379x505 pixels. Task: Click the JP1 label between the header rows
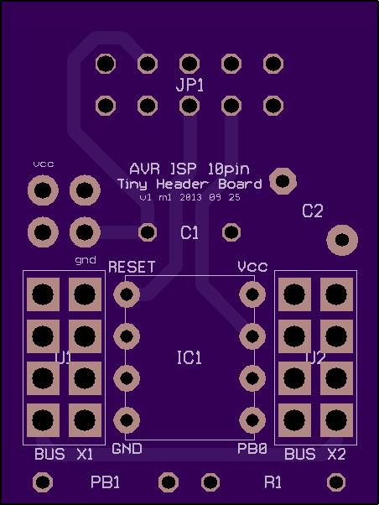click(x=189, y=86)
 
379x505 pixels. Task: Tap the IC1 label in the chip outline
click(x=189, y=358)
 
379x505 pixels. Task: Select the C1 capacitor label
click(x=189, y=232)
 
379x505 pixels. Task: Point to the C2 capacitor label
click(x=313, y=211)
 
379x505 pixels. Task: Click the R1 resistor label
click(x=273, y=482)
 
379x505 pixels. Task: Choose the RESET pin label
click(x=132, y=268)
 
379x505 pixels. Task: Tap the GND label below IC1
click(x=127, y=449)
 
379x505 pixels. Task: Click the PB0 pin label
click(x=252, y=449)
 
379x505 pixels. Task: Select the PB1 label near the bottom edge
click(x=106, y=482)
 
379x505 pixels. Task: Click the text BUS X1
click(x=64, y=454)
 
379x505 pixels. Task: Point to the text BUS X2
click(x=315, y=454)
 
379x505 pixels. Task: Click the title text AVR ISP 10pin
click(x=189, y=169)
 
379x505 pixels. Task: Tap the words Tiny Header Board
click(x=189, y=185)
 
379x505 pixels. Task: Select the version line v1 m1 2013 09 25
click(x=190, y=197)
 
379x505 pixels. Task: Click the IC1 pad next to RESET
click(x=127, y=294)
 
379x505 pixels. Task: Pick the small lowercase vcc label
click(x=44, y=164)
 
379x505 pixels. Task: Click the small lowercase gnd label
click(x=86, y=260)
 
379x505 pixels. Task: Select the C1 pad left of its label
click(x=148, y=232)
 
